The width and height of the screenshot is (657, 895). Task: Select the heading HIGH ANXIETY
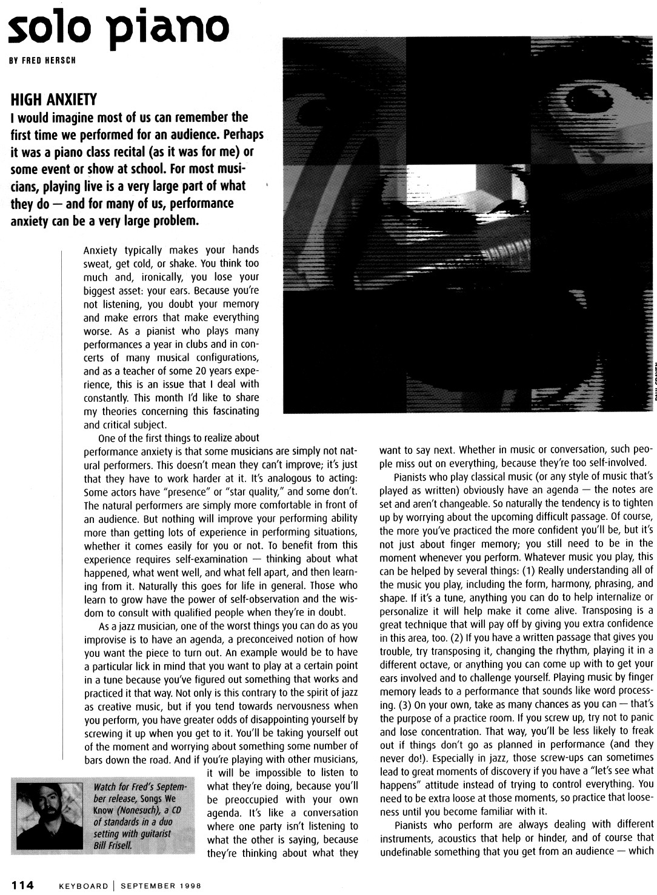click(53, 99)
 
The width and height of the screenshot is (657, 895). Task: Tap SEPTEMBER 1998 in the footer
click(161, 885)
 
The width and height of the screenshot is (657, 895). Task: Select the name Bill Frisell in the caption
click(113, 844)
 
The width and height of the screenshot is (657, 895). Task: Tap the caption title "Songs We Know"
click(155, 799)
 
